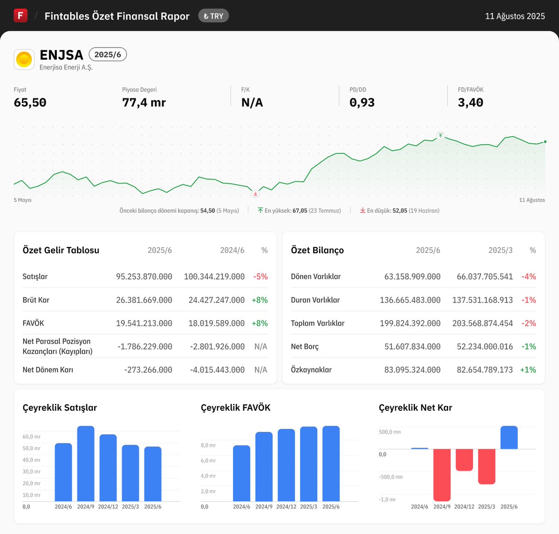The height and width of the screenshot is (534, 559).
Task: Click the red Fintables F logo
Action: click(x=20, y=15)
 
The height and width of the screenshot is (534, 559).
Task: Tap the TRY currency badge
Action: click(x=213, y=16)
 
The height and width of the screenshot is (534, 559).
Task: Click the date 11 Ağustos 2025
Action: click(x=515, y=16)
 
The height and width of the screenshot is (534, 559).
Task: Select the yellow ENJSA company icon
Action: click(x=24, y=59)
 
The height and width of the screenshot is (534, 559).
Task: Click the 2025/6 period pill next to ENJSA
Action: click(x=108, y=55)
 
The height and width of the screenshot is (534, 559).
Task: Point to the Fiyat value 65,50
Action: click(x=30, y=103)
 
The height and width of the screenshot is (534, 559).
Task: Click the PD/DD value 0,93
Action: click(x=362, y=103)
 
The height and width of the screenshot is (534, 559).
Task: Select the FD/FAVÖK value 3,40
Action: click(x=470, y=103)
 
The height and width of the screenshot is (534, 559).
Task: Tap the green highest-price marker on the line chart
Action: click(x=440, y=136)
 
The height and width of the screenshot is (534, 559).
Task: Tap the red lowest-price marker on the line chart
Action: click(x=255, y=194)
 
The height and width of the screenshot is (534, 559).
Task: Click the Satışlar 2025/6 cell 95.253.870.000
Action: click(x=144, y=277)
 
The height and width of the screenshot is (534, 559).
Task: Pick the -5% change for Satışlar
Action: click(x=260, y=277)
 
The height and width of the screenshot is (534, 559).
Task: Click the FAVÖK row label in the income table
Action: click(x=33, y=323)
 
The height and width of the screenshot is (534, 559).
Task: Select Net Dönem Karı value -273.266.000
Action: click(x=148, y=370)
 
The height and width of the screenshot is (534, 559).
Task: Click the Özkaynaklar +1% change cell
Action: click(x=528, y=370)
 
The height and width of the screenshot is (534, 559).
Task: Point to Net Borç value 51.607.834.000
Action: click(x=412, y=347)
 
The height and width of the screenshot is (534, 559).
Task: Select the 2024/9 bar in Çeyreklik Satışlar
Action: click(x=86, y=464)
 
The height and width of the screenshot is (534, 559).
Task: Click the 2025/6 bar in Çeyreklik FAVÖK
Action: click(x=331, y=464)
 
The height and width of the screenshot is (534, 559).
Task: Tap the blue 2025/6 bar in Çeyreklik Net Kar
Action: click(x=509, y=437)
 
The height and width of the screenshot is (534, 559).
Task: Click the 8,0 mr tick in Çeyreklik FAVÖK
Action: click(x=208, y=445)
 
